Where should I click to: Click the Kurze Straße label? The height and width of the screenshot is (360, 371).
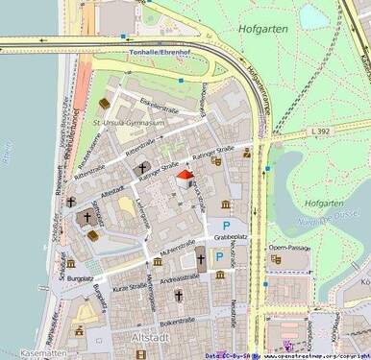click(127, 287)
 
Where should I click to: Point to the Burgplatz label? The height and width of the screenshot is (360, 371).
click(80, 278)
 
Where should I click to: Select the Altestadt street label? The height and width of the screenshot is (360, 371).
click(113, 191)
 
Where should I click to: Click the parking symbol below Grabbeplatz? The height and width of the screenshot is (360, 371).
click(221, 257)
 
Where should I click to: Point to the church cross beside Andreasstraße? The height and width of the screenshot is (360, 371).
click(201, 256)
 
